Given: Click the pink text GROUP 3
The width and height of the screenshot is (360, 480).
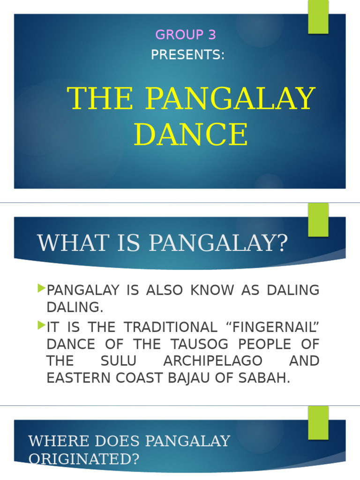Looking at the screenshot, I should point(185,35).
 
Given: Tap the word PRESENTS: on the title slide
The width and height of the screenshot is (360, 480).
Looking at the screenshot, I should point(187,55).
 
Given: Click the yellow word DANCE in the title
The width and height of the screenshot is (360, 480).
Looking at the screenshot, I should point(191,135).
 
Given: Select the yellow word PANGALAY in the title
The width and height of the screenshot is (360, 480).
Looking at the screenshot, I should point(230,98).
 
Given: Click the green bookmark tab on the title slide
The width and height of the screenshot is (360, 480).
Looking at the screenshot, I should point(318,16).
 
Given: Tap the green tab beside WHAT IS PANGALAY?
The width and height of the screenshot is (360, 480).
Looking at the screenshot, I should point(318,219).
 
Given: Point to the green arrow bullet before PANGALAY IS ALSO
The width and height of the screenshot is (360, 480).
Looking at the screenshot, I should point(41,287).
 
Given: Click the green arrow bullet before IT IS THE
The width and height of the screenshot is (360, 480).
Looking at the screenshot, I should point(41,324).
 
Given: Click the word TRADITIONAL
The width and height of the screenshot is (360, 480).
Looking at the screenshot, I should point(171,327).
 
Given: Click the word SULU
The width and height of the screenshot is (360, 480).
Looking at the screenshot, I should point(119,361).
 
